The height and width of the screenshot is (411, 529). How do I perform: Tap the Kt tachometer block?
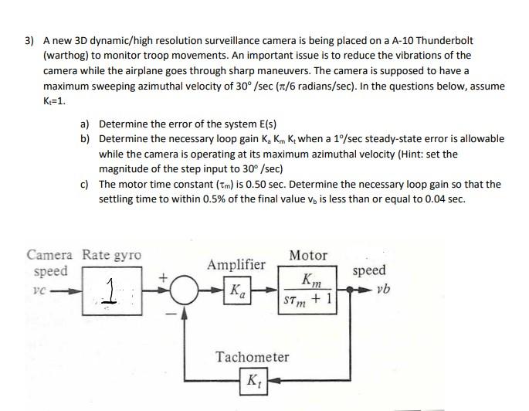[x=253, y=381]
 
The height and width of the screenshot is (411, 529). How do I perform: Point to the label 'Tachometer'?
[x=253, y=357]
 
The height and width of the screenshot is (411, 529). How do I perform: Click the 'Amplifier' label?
[x=237, y=264]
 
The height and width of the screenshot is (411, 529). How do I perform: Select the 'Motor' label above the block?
[x=308, y=255]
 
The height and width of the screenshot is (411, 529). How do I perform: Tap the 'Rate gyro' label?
[x=112, y=255]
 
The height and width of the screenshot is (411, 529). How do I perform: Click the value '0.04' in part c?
[x=433, y=199]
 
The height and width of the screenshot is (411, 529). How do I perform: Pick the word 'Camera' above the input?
[x=50, y=255]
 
